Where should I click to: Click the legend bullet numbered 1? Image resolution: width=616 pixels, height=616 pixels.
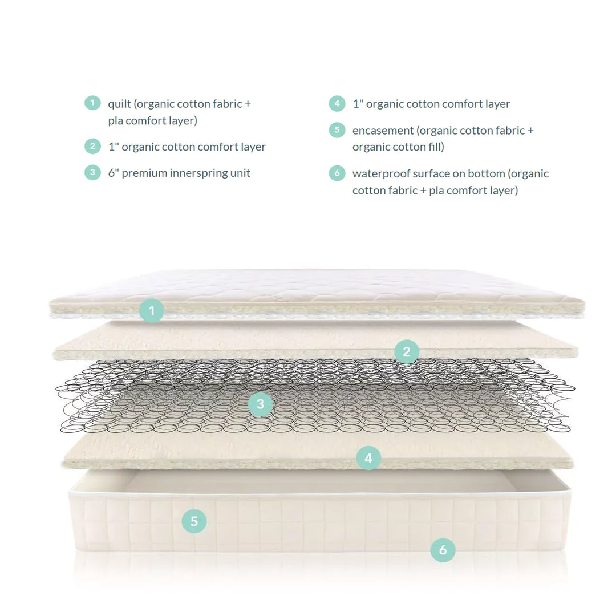click(x=92, y=103)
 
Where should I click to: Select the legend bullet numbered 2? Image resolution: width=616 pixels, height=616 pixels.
click(x=92, y=147)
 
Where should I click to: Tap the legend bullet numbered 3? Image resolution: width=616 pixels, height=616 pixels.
click(x=92, y=172)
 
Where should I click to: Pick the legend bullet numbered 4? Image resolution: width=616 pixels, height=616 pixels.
click(x=337, y=103)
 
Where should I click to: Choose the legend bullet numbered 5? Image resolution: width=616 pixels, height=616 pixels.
click(x=337, y=130)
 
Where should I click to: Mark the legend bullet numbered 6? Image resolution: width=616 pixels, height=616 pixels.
click(x=337, y=173)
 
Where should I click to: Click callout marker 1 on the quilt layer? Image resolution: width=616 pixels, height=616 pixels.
click(x=152, y=311)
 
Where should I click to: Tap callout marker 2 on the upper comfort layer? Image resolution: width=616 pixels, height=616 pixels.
click(x=406, y=352)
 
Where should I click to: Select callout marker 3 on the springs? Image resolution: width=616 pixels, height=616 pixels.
click(x=260, y=404)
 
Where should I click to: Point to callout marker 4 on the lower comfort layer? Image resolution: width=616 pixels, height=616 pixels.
click(x=368, y=457)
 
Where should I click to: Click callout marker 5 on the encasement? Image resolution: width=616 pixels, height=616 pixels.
click(x=194, y=521)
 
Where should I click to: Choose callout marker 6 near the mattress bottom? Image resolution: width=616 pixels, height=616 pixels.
click(x=443, y=550)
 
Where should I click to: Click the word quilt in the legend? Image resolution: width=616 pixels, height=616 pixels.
click(x=120, y=104)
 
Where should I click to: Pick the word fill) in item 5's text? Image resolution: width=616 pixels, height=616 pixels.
click(x=435, y=147)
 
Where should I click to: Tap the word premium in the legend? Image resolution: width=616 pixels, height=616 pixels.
click(x=142, y=173)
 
